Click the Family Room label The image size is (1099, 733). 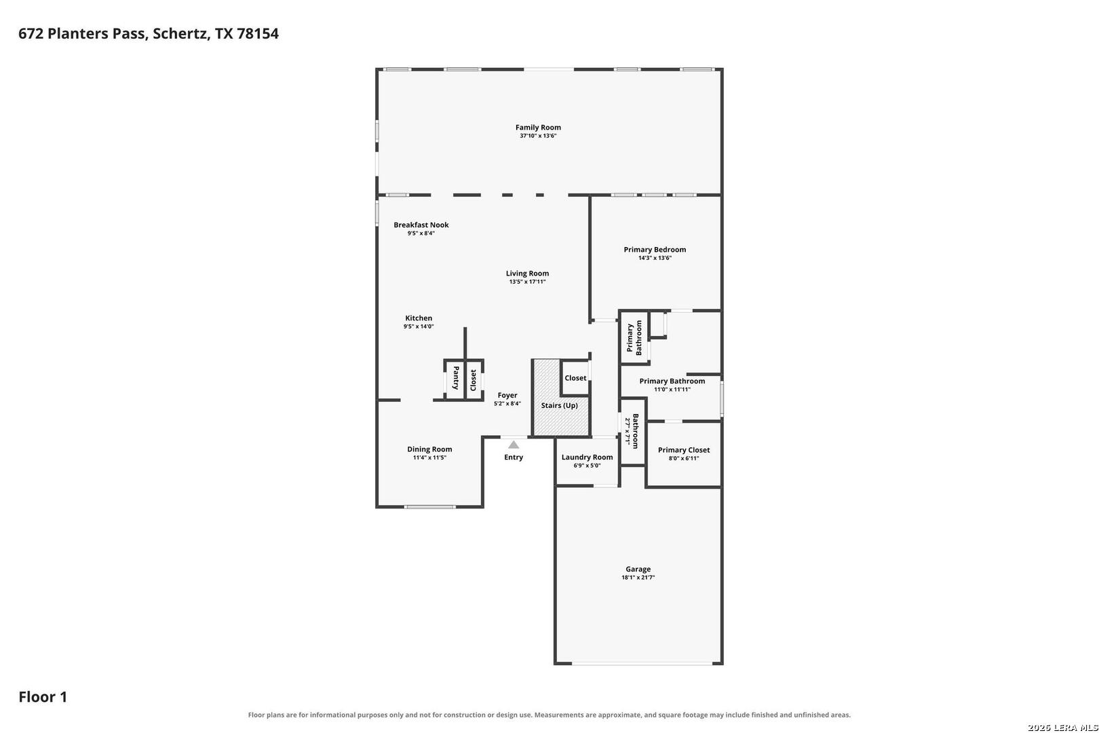click(x=538, y=127)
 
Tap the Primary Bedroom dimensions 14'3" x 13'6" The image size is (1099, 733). click(x=655, y=258)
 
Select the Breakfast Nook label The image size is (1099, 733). click(x=421, y=225)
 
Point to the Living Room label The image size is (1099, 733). click(x=527, y=274)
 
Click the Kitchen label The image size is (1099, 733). click(x=419, y=318)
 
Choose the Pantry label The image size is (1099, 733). click(x=456, y=377)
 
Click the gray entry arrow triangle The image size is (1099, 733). click(x=513, y=445)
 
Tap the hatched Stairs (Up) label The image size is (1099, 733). click(x=559, y=406)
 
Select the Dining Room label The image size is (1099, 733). click(x=429, y=449)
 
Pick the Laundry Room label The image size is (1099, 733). click(x=587, y=457)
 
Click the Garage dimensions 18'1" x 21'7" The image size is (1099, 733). click(x=638, y=578)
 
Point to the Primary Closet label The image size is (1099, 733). click(x=683, y=450)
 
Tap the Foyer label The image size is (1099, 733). click(x=507, y=395)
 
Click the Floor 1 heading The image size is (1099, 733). click(x=43, y=696)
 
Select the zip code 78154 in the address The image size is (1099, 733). click(x=258, y=33)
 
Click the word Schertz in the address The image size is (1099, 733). click(x=182, y=33)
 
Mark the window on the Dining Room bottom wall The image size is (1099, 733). click(x=430, y=507)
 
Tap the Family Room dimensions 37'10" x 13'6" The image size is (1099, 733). click(x=538, y=136)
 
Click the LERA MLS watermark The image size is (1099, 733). click(x=1062, y=728)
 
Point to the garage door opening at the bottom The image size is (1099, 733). click(x=642, y=664)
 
